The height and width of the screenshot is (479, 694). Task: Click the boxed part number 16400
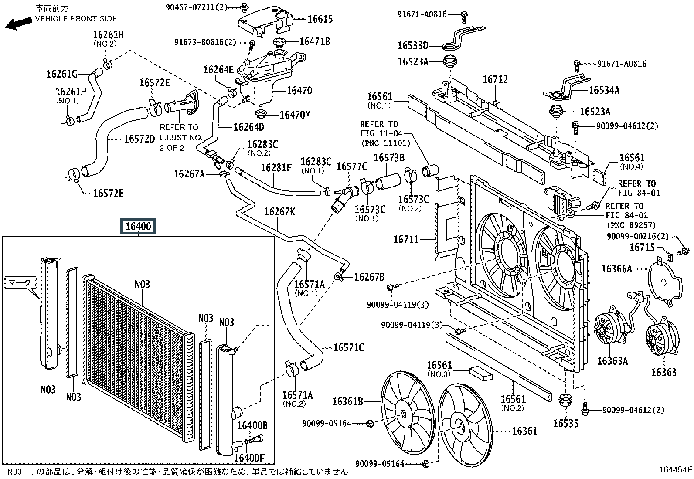point(138,227)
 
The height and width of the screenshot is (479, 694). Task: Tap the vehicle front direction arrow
point(17,24)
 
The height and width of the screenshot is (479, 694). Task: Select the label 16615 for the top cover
point(320,19)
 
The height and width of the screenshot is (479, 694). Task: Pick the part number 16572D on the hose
point(139,139)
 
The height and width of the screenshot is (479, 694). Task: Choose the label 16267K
point(279,212)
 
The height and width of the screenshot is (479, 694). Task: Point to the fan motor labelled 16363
point(662,340)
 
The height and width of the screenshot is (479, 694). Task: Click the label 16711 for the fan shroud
point(406,239)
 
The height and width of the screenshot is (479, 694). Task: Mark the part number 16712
point(495,80)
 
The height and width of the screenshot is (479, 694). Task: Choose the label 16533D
point(413,45)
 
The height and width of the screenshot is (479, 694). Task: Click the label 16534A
point(604,90)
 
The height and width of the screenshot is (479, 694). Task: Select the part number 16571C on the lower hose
point(348,348)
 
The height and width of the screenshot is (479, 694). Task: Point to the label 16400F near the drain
point(249,458)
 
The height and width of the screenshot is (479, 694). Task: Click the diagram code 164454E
point(675,469)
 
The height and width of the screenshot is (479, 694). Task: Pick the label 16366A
point(616,269)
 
